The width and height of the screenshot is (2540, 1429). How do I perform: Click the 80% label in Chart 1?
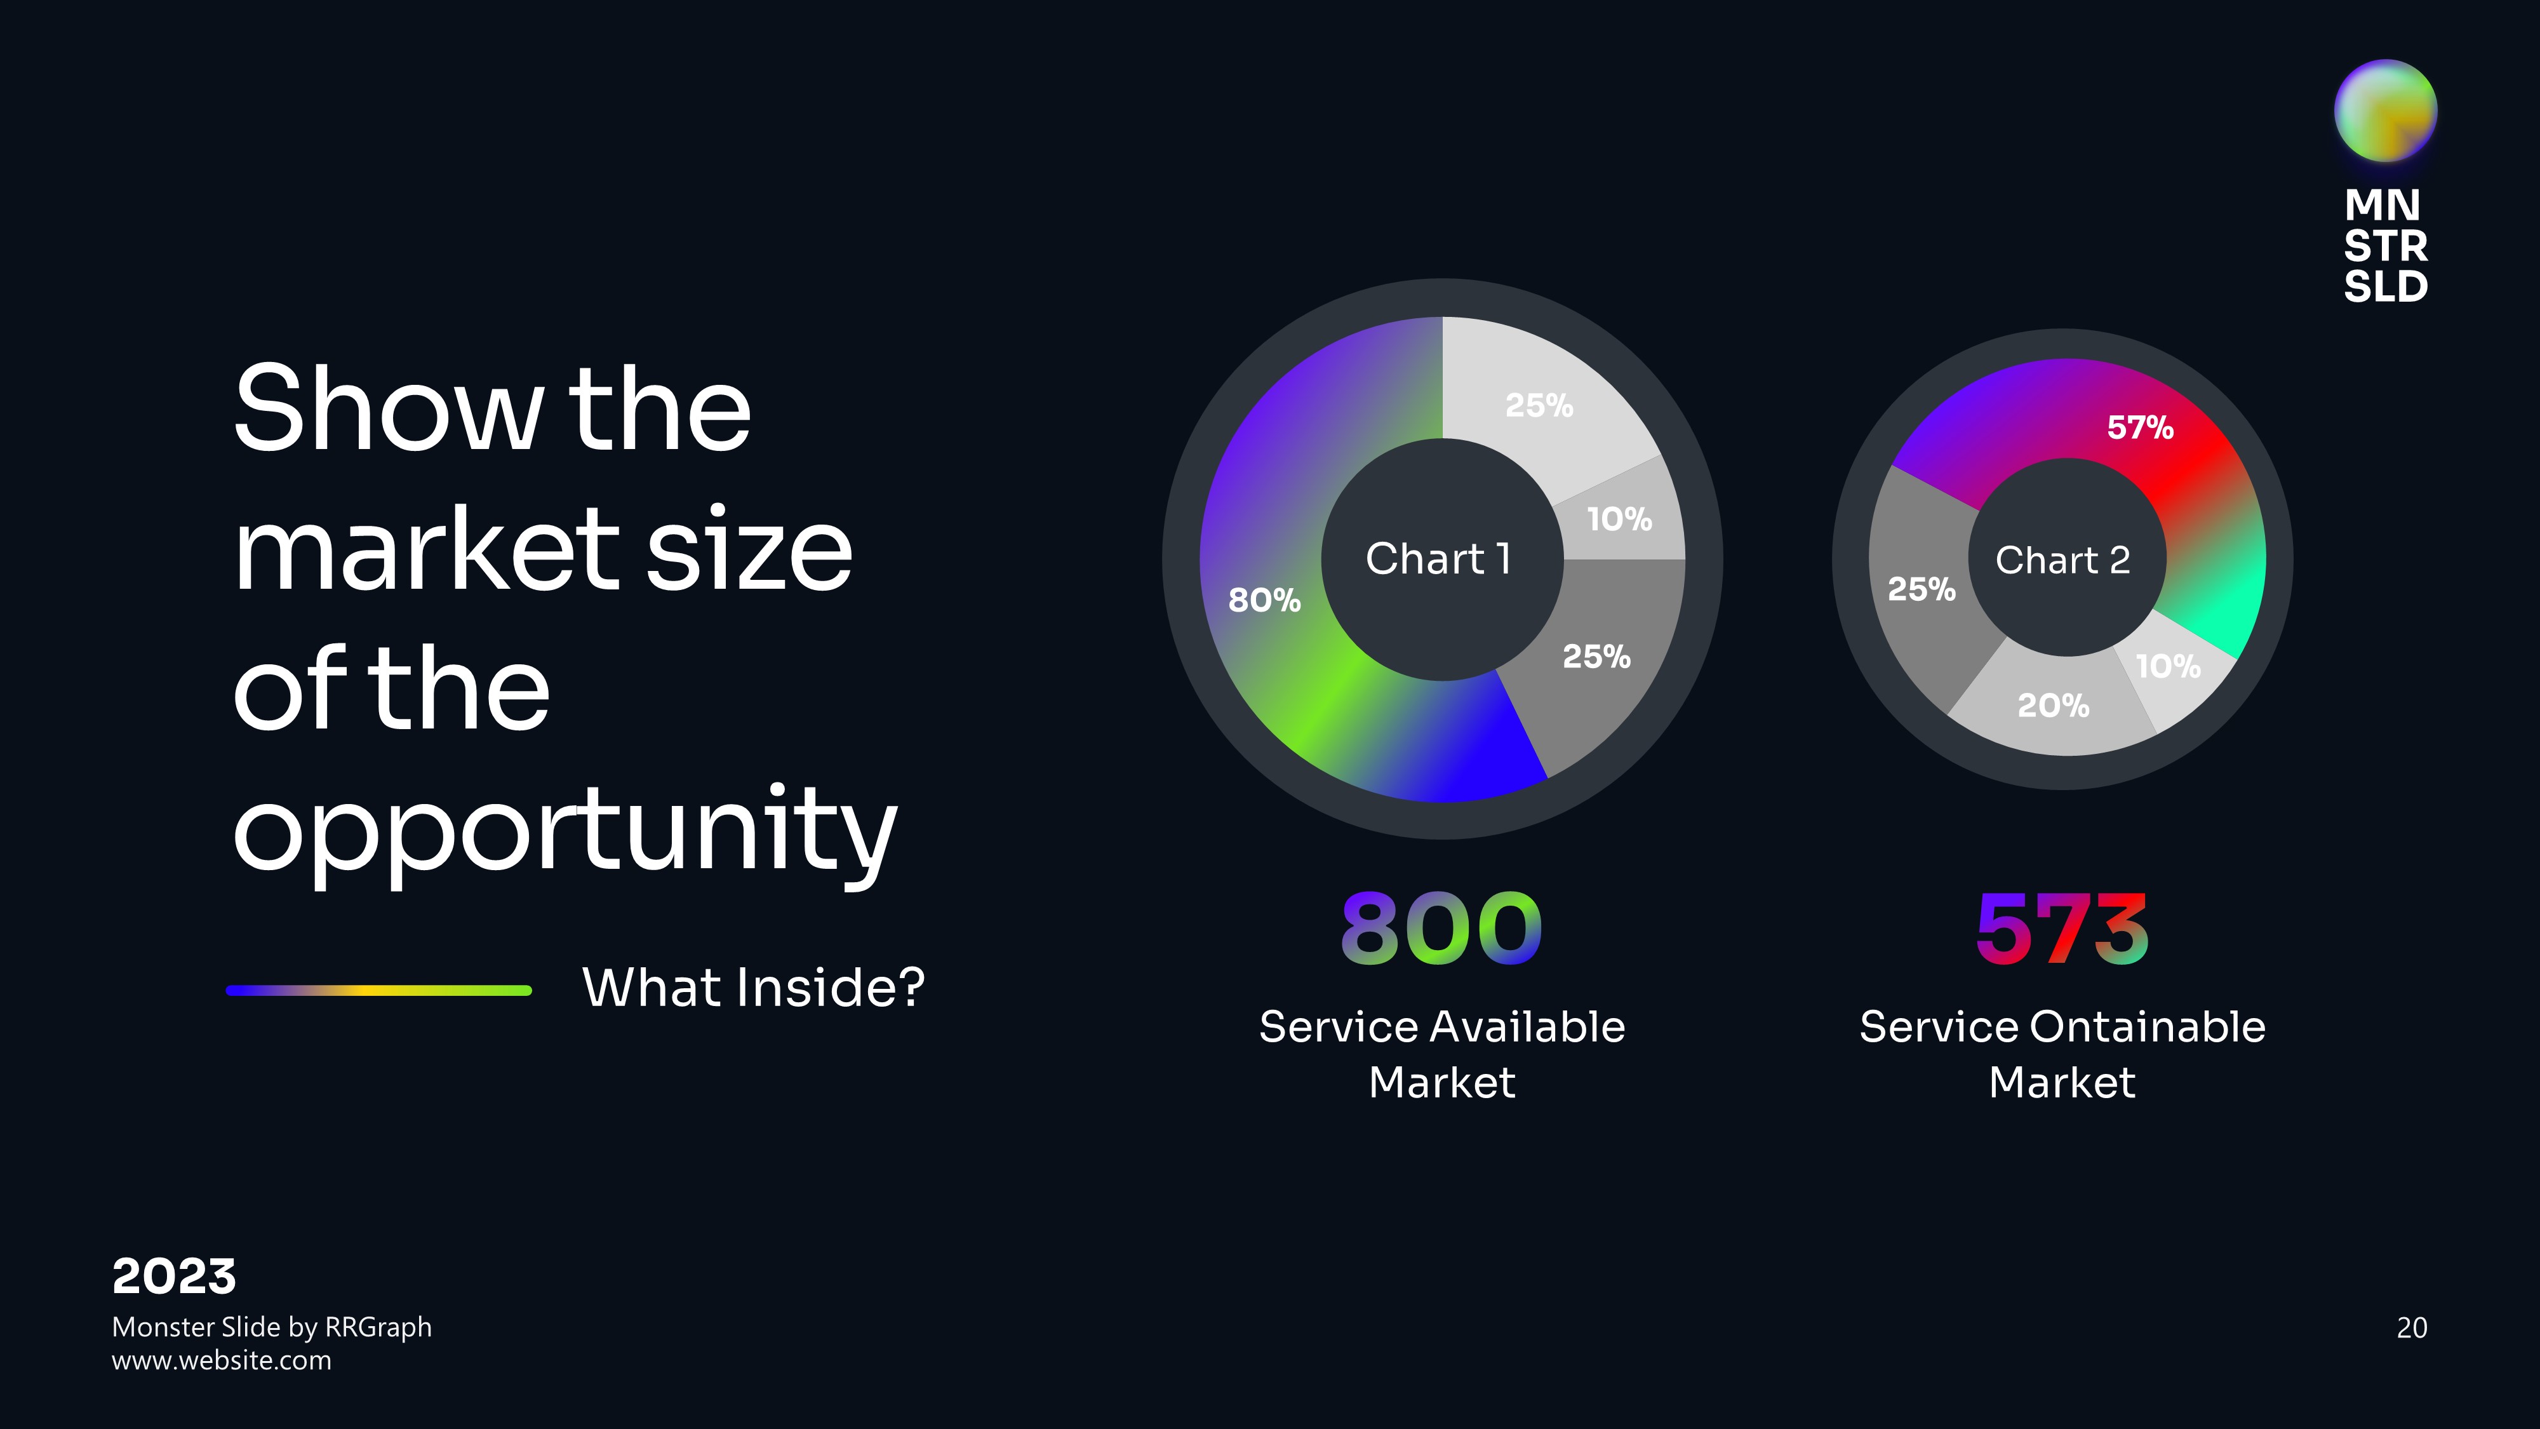[1264, 600]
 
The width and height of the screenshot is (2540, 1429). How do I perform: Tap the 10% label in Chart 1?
[1619, 519]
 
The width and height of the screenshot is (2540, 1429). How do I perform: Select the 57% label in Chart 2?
[2141, 427]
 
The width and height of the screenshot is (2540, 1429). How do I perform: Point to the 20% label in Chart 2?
[2054, 705]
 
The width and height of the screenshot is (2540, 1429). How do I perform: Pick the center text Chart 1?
[1438, 559]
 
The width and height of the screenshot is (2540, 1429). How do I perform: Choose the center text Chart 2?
[2062, 560]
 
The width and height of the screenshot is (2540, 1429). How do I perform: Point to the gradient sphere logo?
[2385, 111]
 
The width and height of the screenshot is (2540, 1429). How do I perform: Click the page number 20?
[2412, 1327]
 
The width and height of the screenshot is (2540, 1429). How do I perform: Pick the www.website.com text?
[222, 1361]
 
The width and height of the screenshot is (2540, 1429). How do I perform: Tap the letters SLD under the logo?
[2385, 286]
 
